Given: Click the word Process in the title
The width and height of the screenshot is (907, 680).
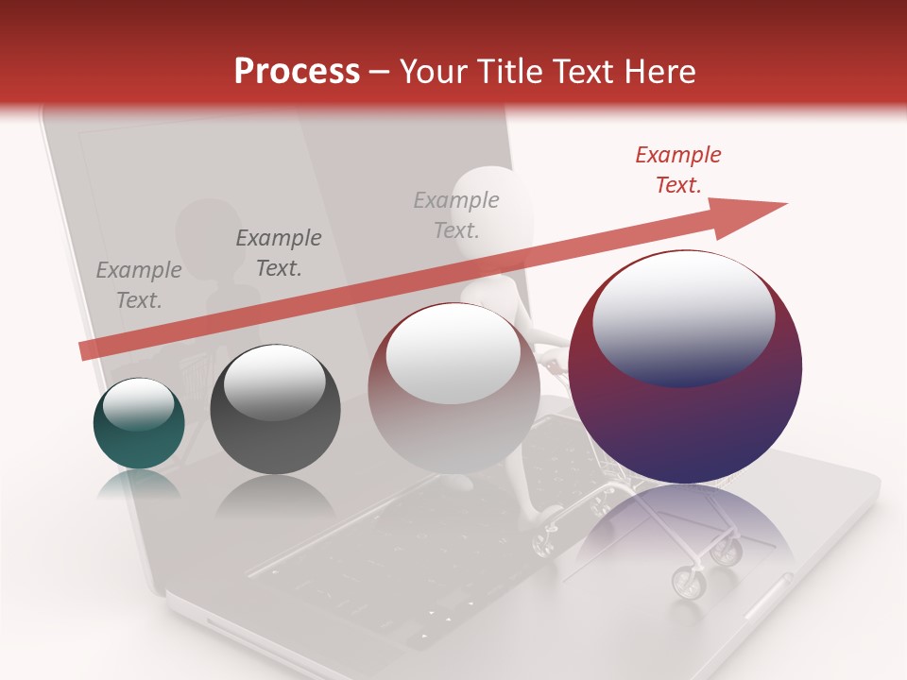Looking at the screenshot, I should pyautogui.click(x=297, y=71).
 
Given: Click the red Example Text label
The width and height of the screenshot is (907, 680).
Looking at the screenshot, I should pyautogui.click(x=677, y=170).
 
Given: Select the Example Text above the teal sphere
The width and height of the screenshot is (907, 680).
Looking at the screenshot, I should pyautogui.click(x=139, y=284).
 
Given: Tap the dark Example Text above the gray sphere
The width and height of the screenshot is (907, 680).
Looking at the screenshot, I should pyautogui.click(x=278, y=253).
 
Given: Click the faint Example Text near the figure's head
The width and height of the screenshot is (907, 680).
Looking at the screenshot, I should pyautogui.click(x=456, y=214).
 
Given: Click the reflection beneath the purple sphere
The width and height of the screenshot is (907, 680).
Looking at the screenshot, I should pyautogui.click(x=685, y=529).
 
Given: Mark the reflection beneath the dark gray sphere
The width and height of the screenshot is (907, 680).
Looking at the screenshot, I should pyautogui.click(x=274, y=496).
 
